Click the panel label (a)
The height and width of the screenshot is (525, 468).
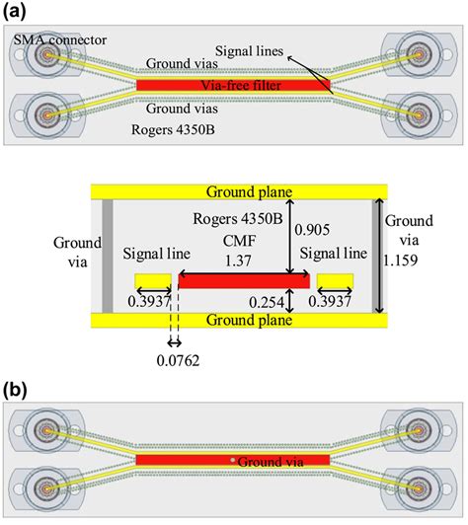coord(14,12)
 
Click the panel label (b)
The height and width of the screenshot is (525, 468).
coord(14,390)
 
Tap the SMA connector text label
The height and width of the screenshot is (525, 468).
coord(60,39)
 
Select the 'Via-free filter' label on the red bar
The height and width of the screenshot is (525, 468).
coord(241,85)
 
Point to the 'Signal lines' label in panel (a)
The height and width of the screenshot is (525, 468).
coord(249,51)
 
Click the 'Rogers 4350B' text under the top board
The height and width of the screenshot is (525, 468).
coord(173,129)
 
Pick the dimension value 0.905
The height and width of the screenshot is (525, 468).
coord(312,230)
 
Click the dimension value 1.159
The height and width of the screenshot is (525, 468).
coord(401,260)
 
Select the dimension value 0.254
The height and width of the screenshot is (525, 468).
coord(267,302)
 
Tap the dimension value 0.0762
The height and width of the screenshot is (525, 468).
coord(178,360)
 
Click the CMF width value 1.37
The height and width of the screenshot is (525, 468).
coord(238,261)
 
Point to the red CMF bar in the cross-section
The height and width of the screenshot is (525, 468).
coord(244,281)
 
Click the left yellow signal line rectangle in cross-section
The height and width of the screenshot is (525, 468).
coord(153,281)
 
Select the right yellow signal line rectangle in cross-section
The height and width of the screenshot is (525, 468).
coord(335,281)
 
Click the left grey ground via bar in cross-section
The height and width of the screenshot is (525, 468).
coord(108,257)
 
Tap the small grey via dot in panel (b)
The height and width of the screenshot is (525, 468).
coord(232,460)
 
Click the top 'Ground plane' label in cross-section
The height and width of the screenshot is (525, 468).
coord(249,191)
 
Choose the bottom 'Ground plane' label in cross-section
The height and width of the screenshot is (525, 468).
coord(249,320)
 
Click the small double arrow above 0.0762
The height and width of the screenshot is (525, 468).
coord(175,342)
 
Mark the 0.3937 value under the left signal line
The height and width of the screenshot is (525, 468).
coord(149,302)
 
